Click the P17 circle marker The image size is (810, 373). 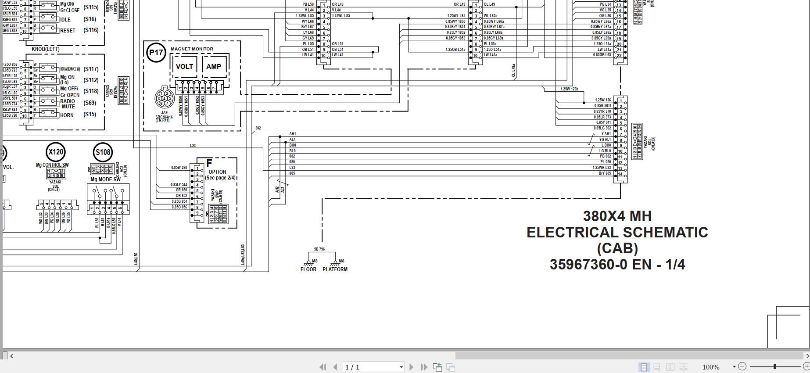click(156, 53)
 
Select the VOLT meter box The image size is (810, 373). click(184, 67)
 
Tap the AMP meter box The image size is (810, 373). click(214, 67)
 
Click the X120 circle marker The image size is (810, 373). click(56, 152)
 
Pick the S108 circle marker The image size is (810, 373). click(103, 152)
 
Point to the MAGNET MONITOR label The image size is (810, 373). click(192, 49)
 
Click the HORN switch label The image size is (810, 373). click(67, 115)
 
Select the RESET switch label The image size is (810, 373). click(68, 31)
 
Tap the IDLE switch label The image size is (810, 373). click(65, 20)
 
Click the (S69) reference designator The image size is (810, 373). click(90, 103)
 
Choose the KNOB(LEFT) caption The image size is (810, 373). click(46, 49)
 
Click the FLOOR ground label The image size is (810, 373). click(308, 269)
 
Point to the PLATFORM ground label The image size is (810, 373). click(335, 269)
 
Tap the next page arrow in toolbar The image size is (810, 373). click(412, 367)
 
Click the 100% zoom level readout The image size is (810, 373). click(711, 367)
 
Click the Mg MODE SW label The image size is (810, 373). click(105, 179)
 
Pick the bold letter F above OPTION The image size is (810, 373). click(209, 164)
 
